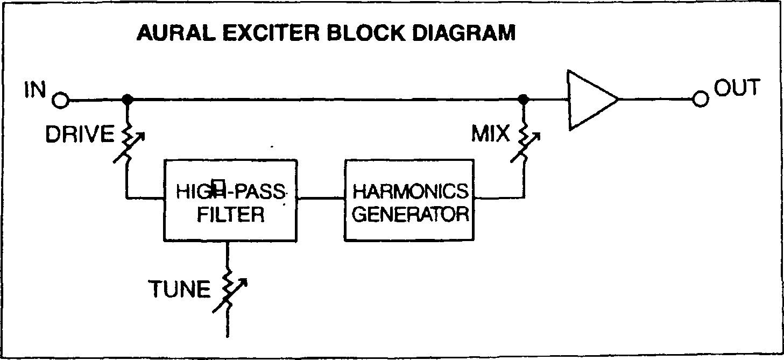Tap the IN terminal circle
tap(60, 100)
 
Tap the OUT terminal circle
tap(700, 100)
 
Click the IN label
tap(36, 90)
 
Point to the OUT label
tap(737, 88)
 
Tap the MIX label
tap(490, 134)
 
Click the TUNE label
tap(179, 290)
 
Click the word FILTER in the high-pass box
tap(230, 215)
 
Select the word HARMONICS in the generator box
tap(411, 190)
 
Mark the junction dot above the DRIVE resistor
tap(128, 100)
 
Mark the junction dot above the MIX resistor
tap(522, 100)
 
